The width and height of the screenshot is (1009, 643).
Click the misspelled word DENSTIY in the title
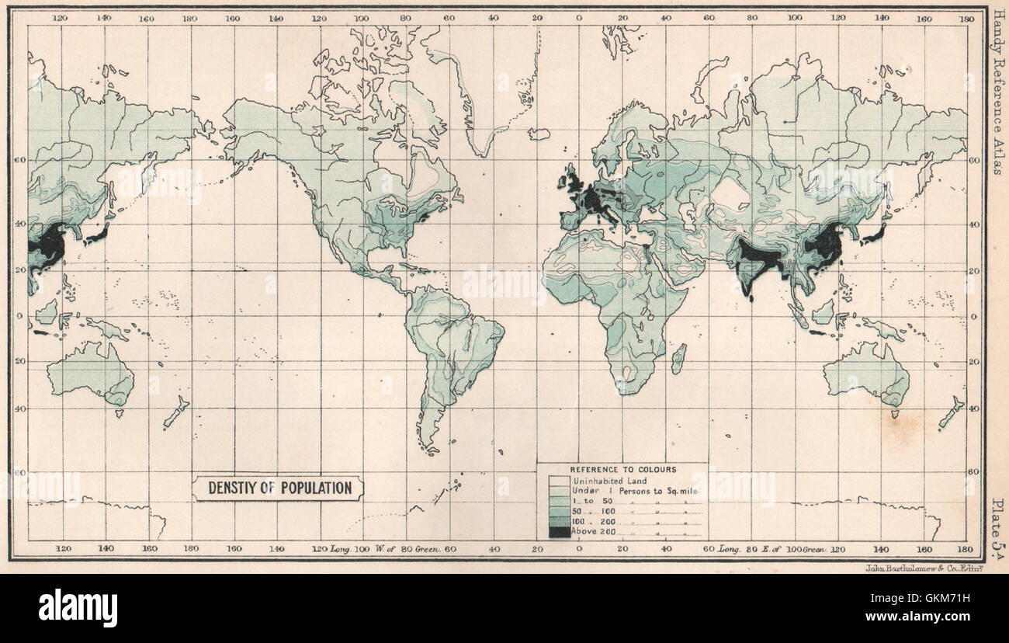233,488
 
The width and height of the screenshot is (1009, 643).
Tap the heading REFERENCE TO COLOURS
622,470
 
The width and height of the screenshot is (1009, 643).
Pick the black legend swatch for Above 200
558,532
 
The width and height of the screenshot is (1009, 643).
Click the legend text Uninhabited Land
609,481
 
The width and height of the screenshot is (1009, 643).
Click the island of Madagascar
678,359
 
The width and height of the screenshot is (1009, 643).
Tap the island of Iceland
539,134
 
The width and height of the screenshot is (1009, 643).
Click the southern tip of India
749,294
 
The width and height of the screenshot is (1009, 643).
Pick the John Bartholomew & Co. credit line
924,568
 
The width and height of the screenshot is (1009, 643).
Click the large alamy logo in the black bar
78,607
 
